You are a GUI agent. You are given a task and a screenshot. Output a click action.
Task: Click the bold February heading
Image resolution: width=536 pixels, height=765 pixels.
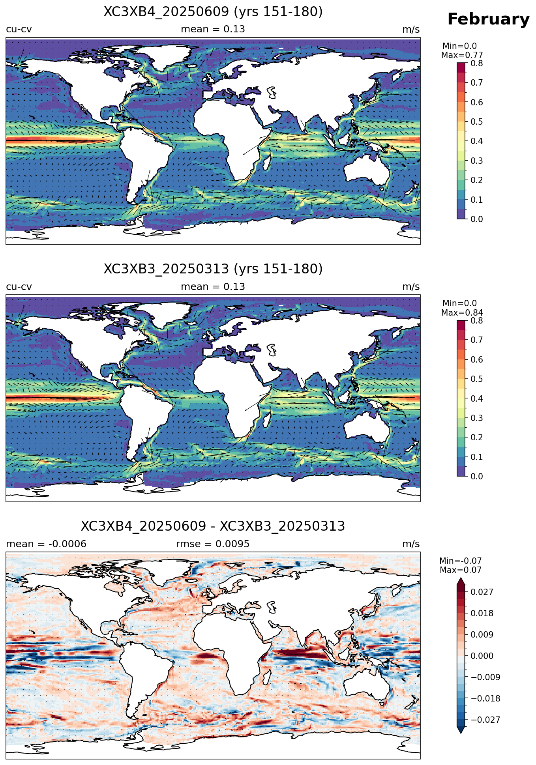[x=488, y=19]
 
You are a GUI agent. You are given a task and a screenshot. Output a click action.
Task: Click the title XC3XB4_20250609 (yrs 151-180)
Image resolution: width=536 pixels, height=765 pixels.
[x=213, y=12]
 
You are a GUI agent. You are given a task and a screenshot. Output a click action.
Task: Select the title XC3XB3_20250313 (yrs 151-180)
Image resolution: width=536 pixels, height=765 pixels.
[x=213, y=269]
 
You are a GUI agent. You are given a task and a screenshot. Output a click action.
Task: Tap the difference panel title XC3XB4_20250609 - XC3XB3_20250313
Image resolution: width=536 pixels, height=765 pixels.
[x=213, y=526]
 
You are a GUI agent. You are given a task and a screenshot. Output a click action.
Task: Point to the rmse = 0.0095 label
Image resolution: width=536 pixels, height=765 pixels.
[x=213, y=544]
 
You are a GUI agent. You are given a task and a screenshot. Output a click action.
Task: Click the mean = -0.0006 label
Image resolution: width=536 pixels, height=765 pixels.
[x=46, y=544]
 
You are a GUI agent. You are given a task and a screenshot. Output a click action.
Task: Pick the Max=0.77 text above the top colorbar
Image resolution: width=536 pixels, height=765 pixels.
[x=462, y=55]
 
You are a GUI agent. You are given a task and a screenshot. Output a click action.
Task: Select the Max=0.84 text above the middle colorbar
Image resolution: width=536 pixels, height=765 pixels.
[x=462, y=313]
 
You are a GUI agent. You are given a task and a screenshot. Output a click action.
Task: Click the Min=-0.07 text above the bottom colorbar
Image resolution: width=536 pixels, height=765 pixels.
[x=461, y=561]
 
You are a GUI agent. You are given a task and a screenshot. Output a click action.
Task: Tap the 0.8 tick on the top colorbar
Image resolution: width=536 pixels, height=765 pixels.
[x=476, y=64]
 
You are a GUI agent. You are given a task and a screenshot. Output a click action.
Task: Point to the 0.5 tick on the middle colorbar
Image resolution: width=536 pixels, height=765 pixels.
[x=476, y=379]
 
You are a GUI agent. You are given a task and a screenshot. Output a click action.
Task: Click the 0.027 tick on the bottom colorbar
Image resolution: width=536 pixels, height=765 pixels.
[x=482, y=592]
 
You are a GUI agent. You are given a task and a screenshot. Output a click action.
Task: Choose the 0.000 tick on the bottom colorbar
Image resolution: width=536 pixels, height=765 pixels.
[x=482, y=656]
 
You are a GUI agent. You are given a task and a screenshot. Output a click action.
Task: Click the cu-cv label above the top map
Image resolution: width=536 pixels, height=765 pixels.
[x=19, y=30]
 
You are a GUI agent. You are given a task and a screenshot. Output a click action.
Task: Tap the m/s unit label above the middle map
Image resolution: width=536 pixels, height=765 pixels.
[x=411, y=287]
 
